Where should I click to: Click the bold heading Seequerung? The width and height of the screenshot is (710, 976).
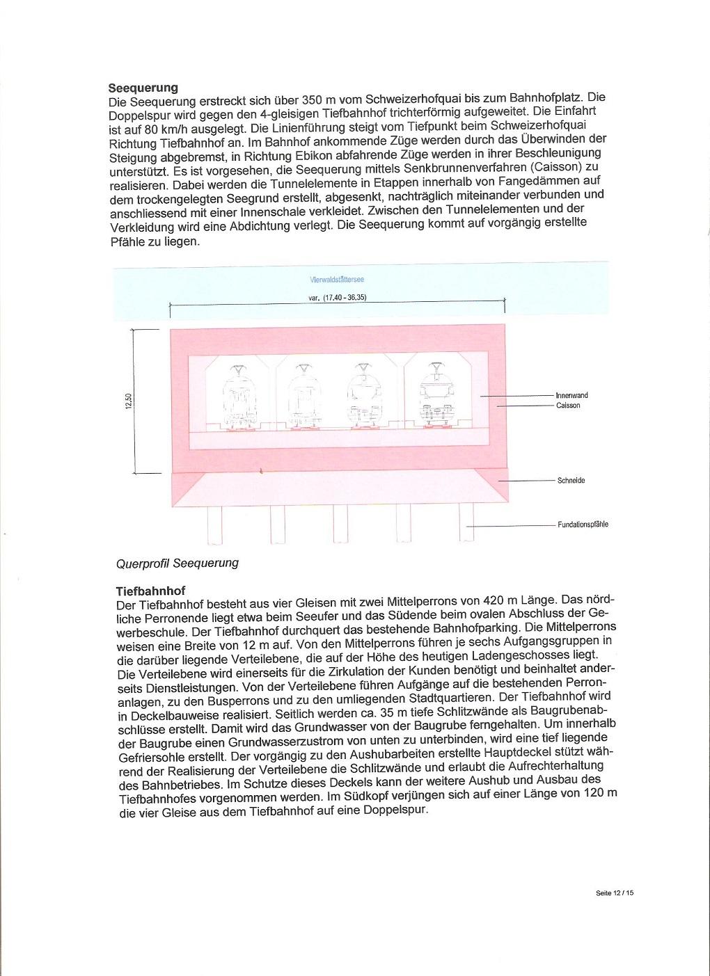[143, 88]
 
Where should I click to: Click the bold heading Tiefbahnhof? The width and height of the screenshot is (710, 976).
[150, 591]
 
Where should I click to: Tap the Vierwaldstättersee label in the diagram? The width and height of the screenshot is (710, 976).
[337, 280]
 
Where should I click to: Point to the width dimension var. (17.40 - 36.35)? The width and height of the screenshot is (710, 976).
[337, 297]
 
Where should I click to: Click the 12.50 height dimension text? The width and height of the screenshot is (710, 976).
[129, 402]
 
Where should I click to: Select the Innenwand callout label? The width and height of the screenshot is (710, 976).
[571, 395]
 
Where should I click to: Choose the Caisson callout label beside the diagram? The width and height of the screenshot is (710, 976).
[568, 406]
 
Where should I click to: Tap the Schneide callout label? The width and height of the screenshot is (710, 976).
[571, 481]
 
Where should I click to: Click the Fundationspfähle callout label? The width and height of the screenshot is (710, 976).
[583, 525]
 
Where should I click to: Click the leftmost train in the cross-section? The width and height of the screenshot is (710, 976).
[239, 398]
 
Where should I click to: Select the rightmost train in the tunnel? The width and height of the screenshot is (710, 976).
[436, 397]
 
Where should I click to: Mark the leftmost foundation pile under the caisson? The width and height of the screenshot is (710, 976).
[214, 525]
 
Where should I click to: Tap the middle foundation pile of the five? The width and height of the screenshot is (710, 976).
[340, 525]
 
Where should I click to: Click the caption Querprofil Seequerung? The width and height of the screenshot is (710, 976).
[177, 563]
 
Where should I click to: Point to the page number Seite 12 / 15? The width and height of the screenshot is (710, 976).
[615, 893]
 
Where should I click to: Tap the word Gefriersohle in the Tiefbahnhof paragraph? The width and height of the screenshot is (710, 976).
[154, 755]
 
